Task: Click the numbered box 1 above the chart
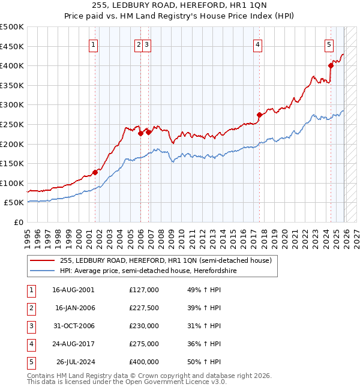click(x=95, y=44)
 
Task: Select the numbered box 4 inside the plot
click(x=257, y=44)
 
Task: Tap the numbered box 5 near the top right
click(x=329, y=44)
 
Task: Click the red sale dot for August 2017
click(x=259, y=115)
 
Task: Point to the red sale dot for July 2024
click(x=331, y=66)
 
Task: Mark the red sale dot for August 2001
click(x=95, y=172)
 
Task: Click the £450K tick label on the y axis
click(x=12, y=46)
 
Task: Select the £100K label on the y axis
click(x=12, y=183)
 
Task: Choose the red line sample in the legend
click(x=42, y=260)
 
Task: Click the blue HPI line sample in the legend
click(x=42, y=271)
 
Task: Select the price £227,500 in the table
click(x=143, y=307)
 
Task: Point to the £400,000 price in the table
click(x=143, y=362)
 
